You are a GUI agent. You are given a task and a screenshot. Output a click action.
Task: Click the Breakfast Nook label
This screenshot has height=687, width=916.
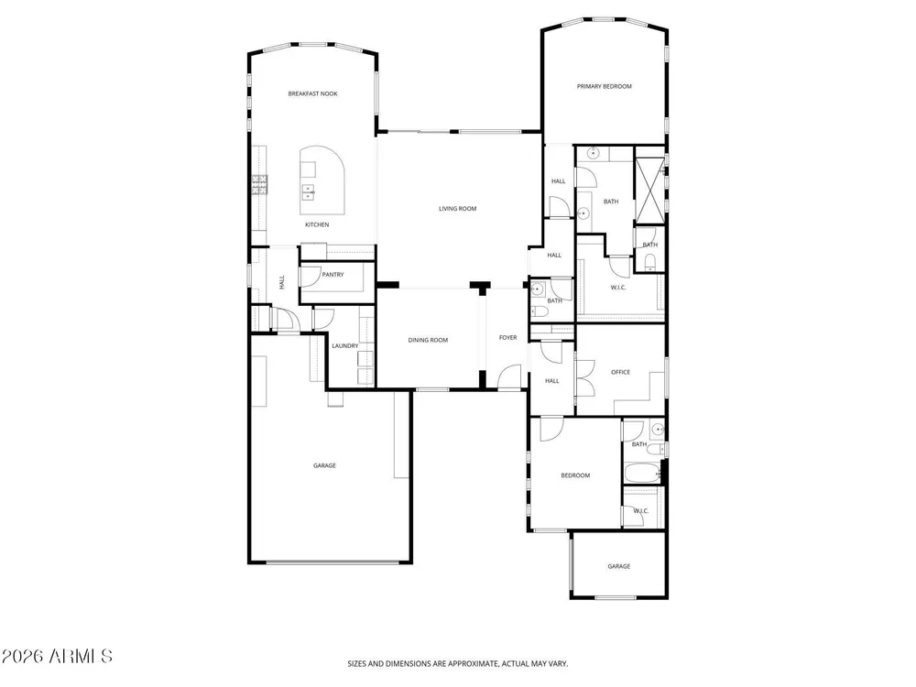[312, 93]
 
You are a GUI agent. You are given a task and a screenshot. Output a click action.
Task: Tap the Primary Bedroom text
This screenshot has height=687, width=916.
[604, 86]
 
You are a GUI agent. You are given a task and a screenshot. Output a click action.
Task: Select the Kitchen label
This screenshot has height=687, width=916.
[317, 225]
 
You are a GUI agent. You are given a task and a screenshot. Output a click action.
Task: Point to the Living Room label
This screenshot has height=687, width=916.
[457, 209]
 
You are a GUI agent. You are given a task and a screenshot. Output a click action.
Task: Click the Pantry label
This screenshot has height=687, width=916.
[333, 275]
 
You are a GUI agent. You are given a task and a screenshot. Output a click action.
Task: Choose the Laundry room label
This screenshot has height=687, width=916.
[344, 346]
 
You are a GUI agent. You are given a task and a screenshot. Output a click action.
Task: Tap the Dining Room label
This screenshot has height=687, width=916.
[428, 340]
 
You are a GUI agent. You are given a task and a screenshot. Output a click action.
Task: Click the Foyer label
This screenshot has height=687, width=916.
[507, 338]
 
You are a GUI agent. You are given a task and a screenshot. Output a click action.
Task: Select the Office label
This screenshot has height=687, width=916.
[620, 372]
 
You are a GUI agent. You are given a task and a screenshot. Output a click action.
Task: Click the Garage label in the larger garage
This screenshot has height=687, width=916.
[324, 465]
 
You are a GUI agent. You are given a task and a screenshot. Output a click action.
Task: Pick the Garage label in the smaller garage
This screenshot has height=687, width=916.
[618, 566]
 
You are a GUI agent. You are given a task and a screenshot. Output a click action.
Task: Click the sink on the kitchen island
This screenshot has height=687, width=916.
[308, 191]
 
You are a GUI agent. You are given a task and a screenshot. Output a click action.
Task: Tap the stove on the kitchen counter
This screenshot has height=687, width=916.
[259, 185]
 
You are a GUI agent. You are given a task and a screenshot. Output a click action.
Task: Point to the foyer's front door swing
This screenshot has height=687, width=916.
[509, 376]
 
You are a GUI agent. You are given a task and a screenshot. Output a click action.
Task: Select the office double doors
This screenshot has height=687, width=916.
[584, 378]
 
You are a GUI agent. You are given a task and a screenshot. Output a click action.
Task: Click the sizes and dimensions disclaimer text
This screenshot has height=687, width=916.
[457, 663]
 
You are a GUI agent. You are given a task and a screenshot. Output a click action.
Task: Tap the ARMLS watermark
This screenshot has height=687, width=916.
[57, 656]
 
